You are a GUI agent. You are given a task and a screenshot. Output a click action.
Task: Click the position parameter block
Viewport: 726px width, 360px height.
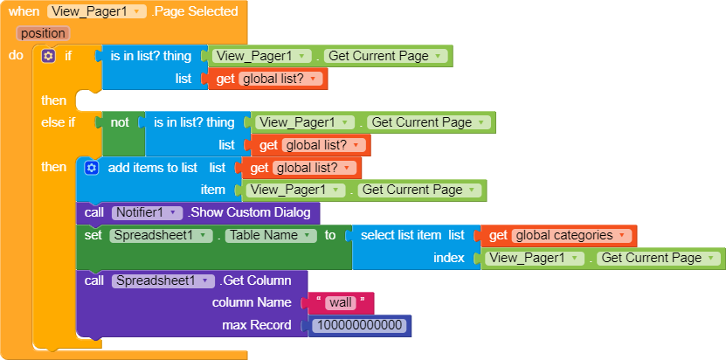(x=42, y=33)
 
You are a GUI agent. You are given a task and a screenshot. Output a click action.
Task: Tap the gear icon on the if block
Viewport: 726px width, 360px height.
(x=48, y=56)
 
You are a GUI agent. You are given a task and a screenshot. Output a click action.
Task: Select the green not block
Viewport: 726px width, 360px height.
(x=120, y=122)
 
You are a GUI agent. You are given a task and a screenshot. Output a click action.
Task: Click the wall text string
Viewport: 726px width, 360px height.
(x=342, y=303)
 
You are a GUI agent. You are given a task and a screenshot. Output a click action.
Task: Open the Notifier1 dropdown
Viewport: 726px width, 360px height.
(x=147, y=212)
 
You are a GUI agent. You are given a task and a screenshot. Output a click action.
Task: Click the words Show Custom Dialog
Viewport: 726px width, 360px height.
(x=252, y=212)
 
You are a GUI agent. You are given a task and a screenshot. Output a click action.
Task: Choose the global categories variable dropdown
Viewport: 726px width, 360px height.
(x=572, y=235)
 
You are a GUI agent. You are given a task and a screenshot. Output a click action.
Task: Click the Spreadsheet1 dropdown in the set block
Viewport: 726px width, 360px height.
(x=162, y=235)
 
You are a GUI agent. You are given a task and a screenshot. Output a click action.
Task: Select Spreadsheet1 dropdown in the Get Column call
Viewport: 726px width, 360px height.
(x=163, y=280)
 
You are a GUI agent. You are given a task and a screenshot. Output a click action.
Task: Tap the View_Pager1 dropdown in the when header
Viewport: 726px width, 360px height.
(x=97, y=11)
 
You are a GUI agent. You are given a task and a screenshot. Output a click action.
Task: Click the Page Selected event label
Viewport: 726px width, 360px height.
(x=196, y=11)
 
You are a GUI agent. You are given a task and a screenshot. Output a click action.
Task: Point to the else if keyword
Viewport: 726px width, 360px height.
(x=59, y=122)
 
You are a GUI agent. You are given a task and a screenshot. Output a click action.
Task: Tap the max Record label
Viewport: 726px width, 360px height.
(x=255, y=326)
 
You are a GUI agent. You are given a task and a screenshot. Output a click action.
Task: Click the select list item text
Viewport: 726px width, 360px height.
(x=400, y=235)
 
